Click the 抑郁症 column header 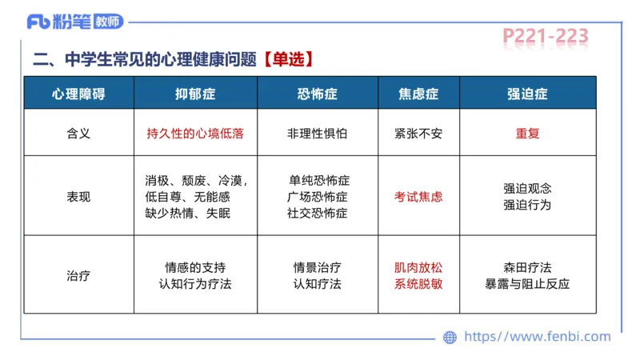[195, 94]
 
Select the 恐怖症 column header [317, 94]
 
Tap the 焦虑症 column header [418, 94]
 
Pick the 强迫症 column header [527, 94]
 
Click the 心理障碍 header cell [78, 94]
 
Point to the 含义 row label [78, 134]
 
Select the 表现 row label [78, 196]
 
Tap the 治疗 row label [78, 276]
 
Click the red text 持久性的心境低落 [195, 134]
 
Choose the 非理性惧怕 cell [318, 134]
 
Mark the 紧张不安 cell [418, 134]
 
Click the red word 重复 [527, 134]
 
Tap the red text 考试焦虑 [418, 196]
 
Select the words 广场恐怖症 [318, 196]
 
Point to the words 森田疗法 [527, 268]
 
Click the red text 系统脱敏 [418, 284]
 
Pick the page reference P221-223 [546, 36]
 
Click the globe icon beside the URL [450, 338]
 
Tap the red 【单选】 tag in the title [285, 58]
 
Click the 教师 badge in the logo [108, 22]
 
